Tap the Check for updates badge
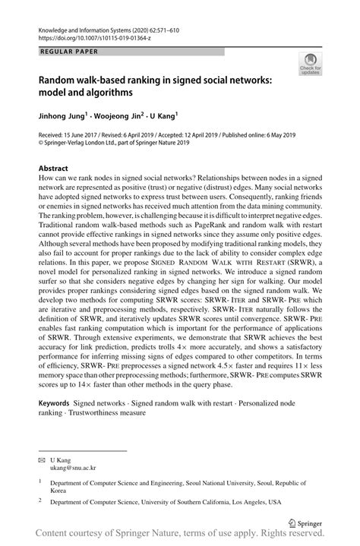tap(310, 63)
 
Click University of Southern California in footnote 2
tap(201, 501)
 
